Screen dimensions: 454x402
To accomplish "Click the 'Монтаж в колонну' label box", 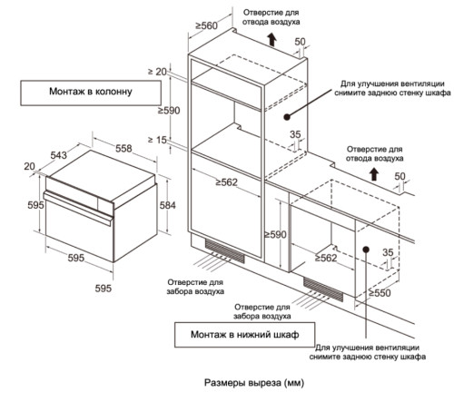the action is point(91,93).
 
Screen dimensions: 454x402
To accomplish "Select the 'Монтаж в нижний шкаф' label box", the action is point(244,335).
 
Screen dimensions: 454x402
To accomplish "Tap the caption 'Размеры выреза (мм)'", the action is point(254,383).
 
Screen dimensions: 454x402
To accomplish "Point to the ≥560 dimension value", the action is point(206,25).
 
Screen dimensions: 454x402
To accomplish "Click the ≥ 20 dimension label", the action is point(157,72).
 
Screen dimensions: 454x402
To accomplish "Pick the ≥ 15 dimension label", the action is point(157,140).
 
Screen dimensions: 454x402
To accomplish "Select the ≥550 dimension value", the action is point(380,293).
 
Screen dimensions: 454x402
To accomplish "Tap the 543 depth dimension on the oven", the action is point(58,155).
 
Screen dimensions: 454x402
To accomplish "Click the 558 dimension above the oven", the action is point(123,149).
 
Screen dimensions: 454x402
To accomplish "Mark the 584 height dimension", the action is point(167,205).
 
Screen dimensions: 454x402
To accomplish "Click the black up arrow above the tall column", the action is point(272,40).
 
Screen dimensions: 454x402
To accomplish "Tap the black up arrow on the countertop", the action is point(374,174).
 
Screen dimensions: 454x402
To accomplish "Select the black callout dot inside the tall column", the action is point(287,117).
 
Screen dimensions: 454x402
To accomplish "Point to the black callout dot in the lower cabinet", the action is point(366,250).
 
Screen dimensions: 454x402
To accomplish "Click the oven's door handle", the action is point(78,209).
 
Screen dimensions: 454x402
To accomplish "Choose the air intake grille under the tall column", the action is point(225,250).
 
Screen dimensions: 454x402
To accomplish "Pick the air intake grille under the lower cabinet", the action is point(323,289).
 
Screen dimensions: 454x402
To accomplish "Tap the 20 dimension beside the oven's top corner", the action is point(29,166).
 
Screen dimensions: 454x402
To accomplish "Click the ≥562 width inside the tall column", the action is point(226,182).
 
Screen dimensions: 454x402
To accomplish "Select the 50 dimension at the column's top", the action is point(300,42).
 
